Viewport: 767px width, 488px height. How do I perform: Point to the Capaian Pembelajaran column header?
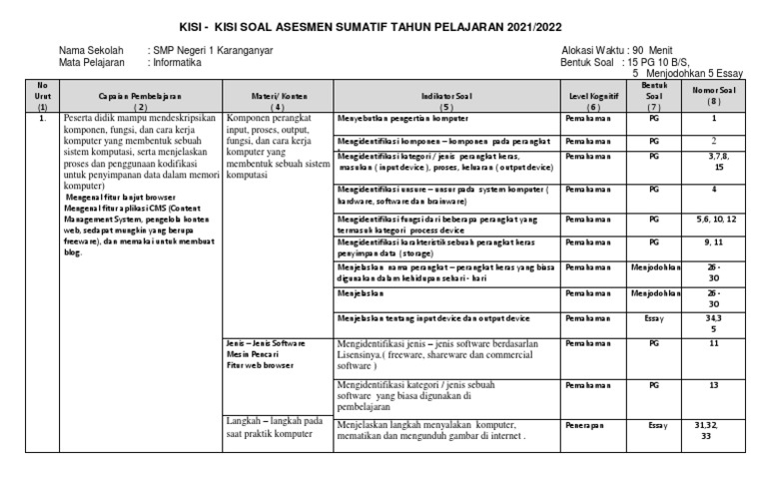(141, 97)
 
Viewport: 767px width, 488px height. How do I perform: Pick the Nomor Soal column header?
(713, 97)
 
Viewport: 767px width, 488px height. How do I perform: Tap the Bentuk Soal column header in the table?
(653, 96)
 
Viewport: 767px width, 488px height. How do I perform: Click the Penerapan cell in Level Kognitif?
(585, 425)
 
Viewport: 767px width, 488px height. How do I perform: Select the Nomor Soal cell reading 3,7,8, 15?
(713, 162)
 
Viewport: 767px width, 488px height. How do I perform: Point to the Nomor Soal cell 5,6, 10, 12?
(713, 218)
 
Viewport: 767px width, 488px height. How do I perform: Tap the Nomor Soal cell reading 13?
(713, 383)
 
